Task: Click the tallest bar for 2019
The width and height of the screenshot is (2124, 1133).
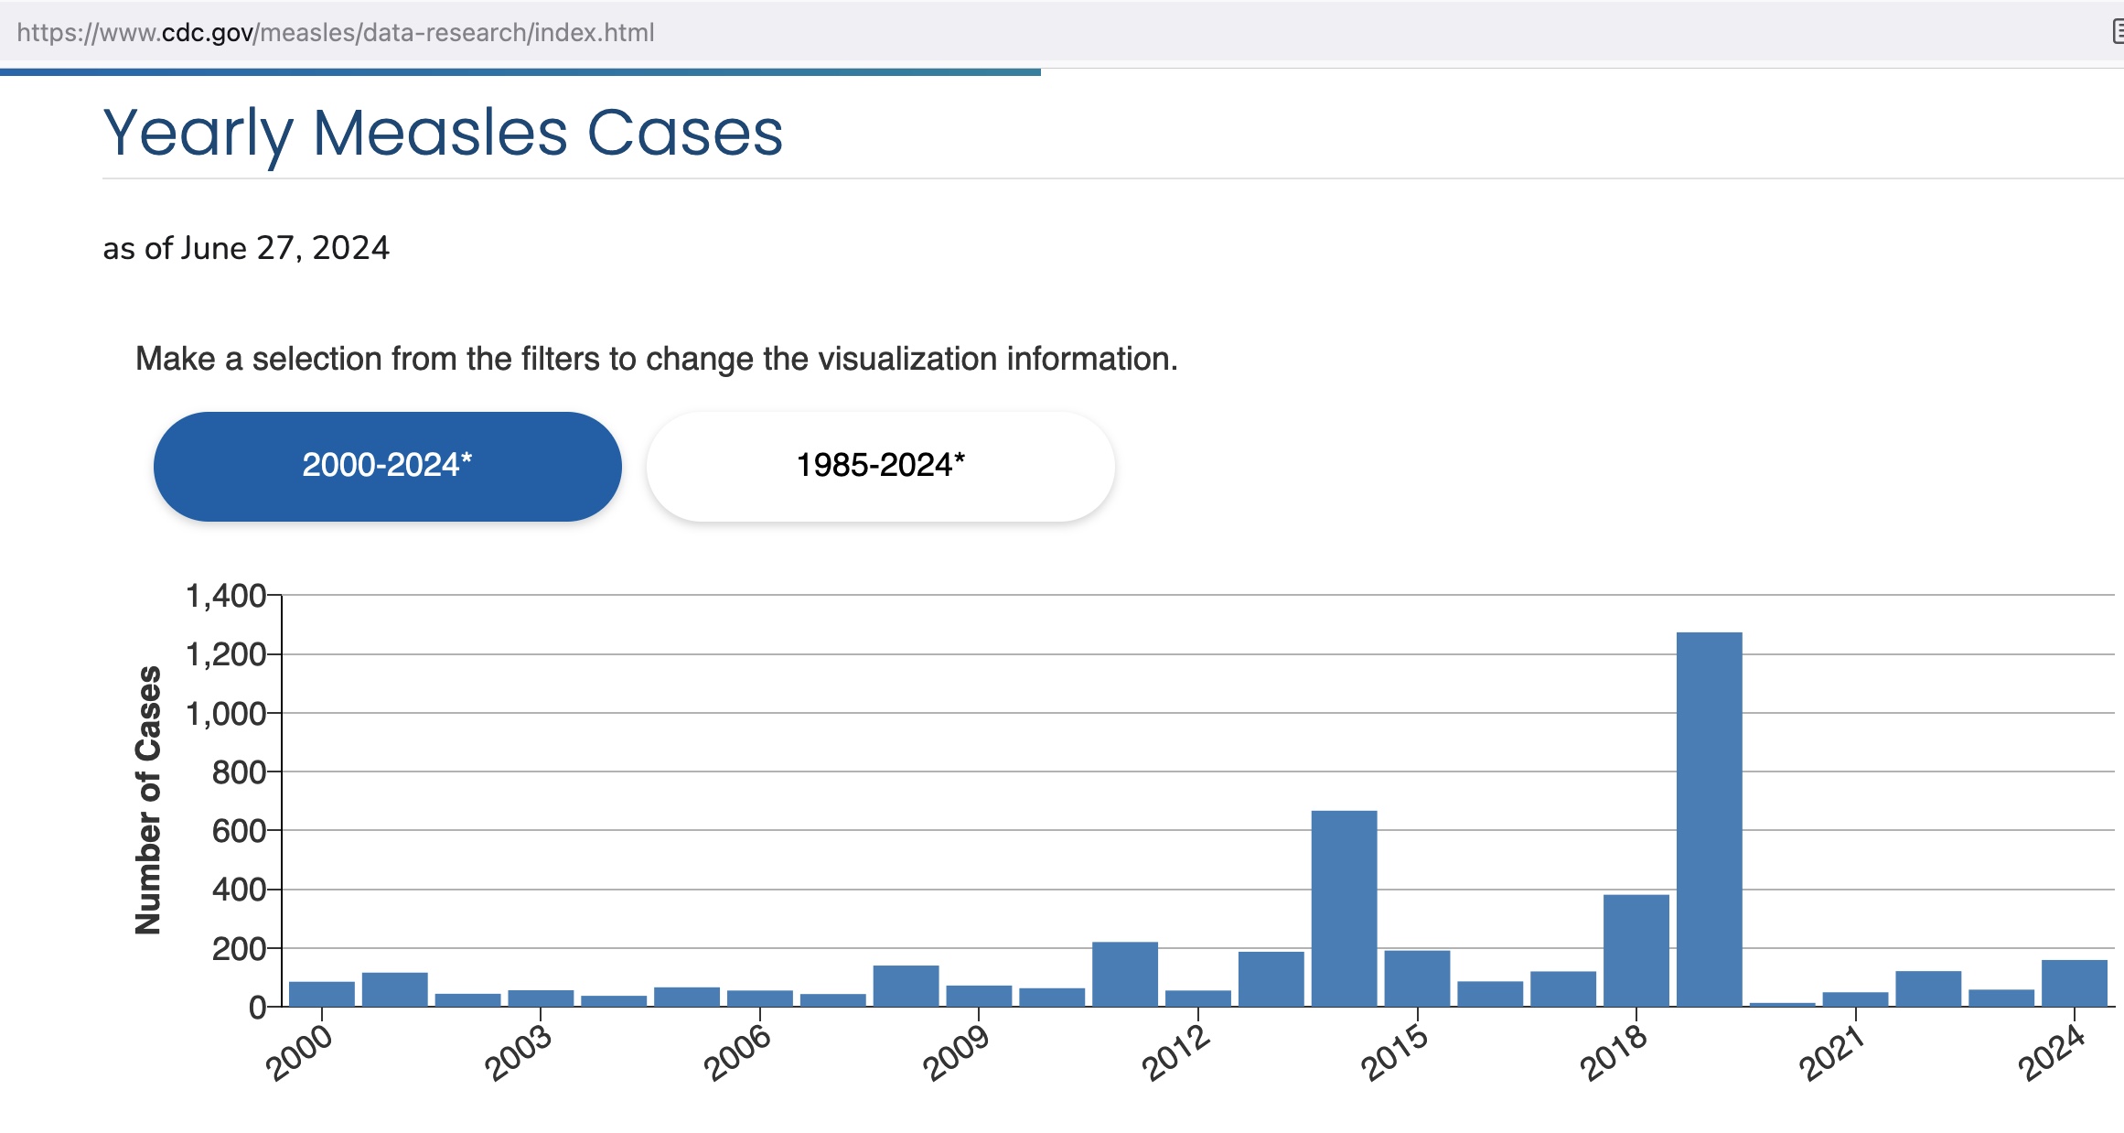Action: coord(1709,819)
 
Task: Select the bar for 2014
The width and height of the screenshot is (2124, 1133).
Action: coord(1344,908)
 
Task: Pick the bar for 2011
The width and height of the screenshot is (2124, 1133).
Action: coord(1124,974)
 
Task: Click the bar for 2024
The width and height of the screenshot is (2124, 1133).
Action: coord(2074,983)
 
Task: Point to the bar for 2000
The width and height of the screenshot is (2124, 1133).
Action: coord(321,994)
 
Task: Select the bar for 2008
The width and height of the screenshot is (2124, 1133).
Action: coord(906,986)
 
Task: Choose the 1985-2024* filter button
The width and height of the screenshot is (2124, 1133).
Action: coord(880,466)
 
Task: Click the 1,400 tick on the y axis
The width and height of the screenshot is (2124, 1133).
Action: coord(225,596)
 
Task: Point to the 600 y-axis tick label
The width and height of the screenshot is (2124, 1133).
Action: coord(238,831)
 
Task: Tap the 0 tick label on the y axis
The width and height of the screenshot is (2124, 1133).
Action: coord(257,1008)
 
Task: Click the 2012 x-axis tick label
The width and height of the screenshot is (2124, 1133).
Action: coord(1176,1053)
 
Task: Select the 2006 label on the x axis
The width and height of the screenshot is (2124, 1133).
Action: coord(737,1053)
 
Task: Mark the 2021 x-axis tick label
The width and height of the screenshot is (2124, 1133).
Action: coord(1832,1053)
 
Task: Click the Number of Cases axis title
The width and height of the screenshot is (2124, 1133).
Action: coord(148,800)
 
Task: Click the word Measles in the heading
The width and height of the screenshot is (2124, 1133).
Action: coord(440,134)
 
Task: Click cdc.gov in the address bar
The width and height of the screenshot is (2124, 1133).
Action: coord(208,33)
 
